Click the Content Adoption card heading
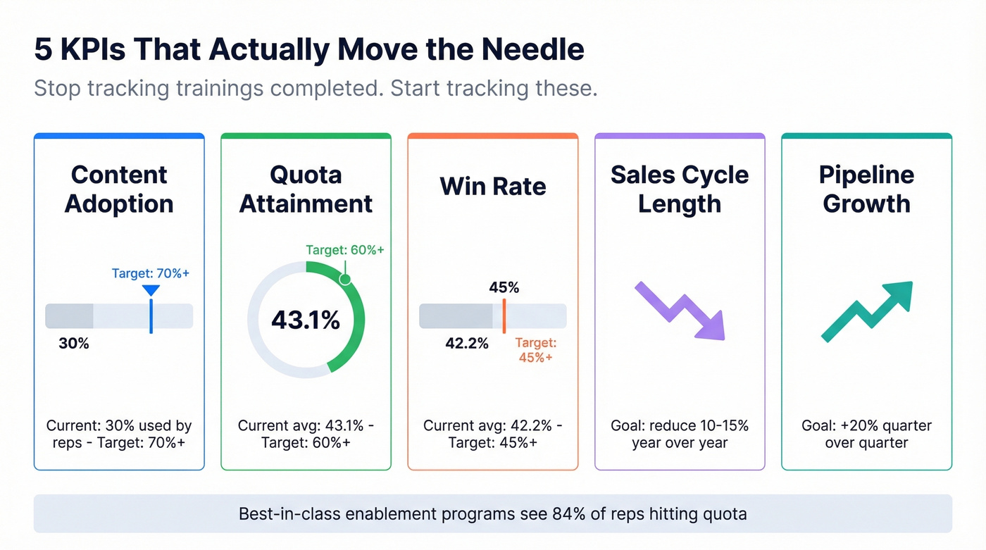point(119,189)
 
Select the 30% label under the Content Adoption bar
point(74,344)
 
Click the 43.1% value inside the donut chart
point(306,320)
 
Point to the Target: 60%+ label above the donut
point(345,249)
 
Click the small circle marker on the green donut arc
point(345,279)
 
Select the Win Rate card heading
point(492,186)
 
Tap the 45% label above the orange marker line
point(504,287)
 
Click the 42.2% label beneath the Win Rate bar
point(467,344)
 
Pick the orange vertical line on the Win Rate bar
point(504,315)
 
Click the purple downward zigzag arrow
point(680,311)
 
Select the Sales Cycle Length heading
point(680,189)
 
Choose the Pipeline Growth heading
point(866,189)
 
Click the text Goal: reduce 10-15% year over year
point(680,435)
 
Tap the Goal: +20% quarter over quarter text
point(866,435)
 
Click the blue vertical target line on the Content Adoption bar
point(151,315)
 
